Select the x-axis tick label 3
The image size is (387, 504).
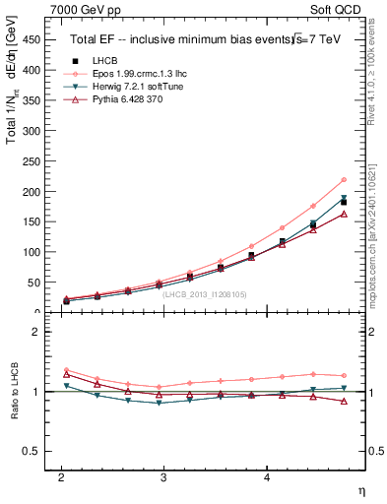click(163, 476)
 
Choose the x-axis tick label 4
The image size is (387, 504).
click(266, 476)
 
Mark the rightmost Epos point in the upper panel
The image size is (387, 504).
click(344, 179)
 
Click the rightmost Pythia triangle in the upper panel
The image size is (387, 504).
click(344, 214)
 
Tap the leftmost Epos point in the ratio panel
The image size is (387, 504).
click(66, 369)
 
